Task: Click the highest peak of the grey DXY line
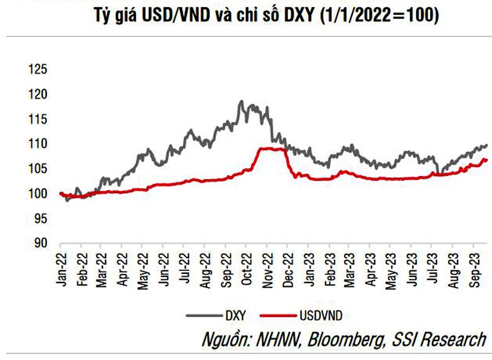(241, 101)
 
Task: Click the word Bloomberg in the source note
(336, 340)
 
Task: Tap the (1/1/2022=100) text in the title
(379, 15)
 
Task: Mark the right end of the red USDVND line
(487, 159)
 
